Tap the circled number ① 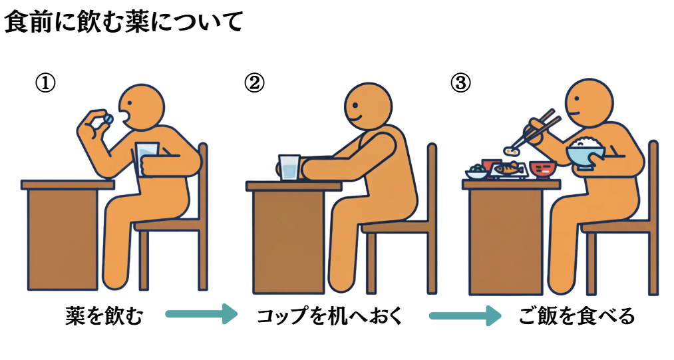[x=45, y=83]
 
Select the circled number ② [x=254, y=83]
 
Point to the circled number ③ [x=460, y=83]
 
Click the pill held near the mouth [x=108, y=118]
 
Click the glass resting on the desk [x=289, y=168]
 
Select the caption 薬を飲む [x=104, y=316]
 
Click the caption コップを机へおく [x=331, y=316]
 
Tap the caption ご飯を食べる [x=577, y=316]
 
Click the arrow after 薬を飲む [x=201, y=314]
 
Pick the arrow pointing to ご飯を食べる [x=465, y=315]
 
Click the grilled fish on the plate [x=508, y=168]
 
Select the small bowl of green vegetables [x=476, y=172]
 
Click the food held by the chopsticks [x=511, y=150]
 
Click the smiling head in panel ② [x=368, y=106]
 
